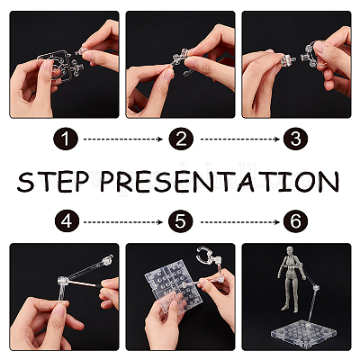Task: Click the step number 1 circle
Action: click(66, 139)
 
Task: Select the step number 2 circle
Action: click(181, 139)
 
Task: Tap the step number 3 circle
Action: click(295, 139)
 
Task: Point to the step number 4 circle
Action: click(67, 221)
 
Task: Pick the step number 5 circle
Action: click(181, 221)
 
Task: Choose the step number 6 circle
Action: click(295, 221)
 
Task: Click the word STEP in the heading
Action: click(53, 182)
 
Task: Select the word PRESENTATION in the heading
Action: click(220, 182)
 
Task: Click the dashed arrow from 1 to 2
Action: click(123, 139)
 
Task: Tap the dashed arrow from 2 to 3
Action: click(240, 139)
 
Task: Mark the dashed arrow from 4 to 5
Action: click(123, 222)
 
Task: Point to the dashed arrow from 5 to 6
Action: click(240, 222)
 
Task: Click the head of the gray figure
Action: click(290, 251)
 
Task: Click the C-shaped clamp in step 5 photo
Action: click(205, 255)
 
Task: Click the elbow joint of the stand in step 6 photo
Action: click(316, 288)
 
